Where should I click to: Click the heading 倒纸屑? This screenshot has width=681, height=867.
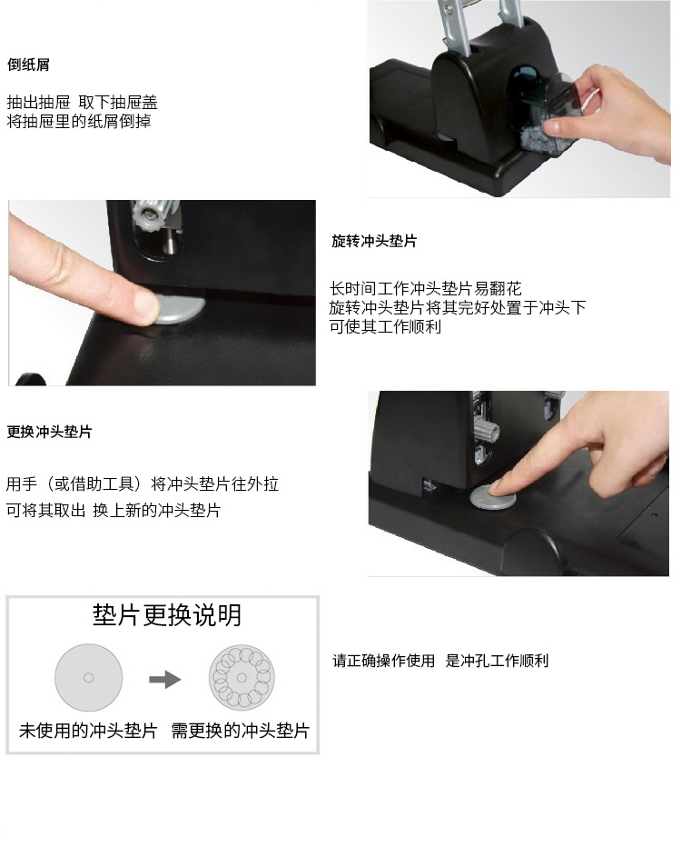pyautogui.click(x=28, y=65)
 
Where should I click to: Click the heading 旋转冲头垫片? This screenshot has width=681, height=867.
pyautogui.click(x=374, y=241)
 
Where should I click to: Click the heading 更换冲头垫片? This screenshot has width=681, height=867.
pyautogui.click(x=49, y=432)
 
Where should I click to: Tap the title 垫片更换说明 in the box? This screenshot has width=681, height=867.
pyautogui.click(x=167, y=615)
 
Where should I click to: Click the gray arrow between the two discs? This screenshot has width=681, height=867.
pyautogui.click(x=164, y=679)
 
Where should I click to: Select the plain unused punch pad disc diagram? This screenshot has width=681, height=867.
pyautogui.click(x=88, y=677)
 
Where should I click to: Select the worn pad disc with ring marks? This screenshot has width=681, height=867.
pyautogui.click(x=242, y=677)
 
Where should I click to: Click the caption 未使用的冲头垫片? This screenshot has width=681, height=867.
pyautogui.click(x=88, y=731)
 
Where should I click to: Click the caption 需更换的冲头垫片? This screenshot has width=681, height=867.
pyautogui.click(x=241, y=731)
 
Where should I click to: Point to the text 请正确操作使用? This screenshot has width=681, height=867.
pyautogui.click(x=383, y=661)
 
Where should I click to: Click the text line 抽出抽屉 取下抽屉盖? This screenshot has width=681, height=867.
pyautogui.click(x=83, y=103)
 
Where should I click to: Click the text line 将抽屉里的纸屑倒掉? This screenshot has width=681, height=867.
pyautogui.click(x=79, y=121)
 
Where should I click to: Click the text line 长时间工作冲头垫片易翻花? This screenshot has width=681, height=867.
pyautogui.click(x=425, y=289)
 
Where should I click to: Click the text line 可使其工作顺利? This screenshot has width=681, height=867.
pyautogui.click(x=385, y=327)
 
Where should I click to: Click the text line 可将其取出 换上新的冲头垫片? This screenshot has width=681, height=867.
pyautogui.click(x=113, y=510)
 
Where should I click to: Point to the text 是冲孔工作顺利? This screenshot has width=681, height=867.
pyautogui.click(x=497, y=661)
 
